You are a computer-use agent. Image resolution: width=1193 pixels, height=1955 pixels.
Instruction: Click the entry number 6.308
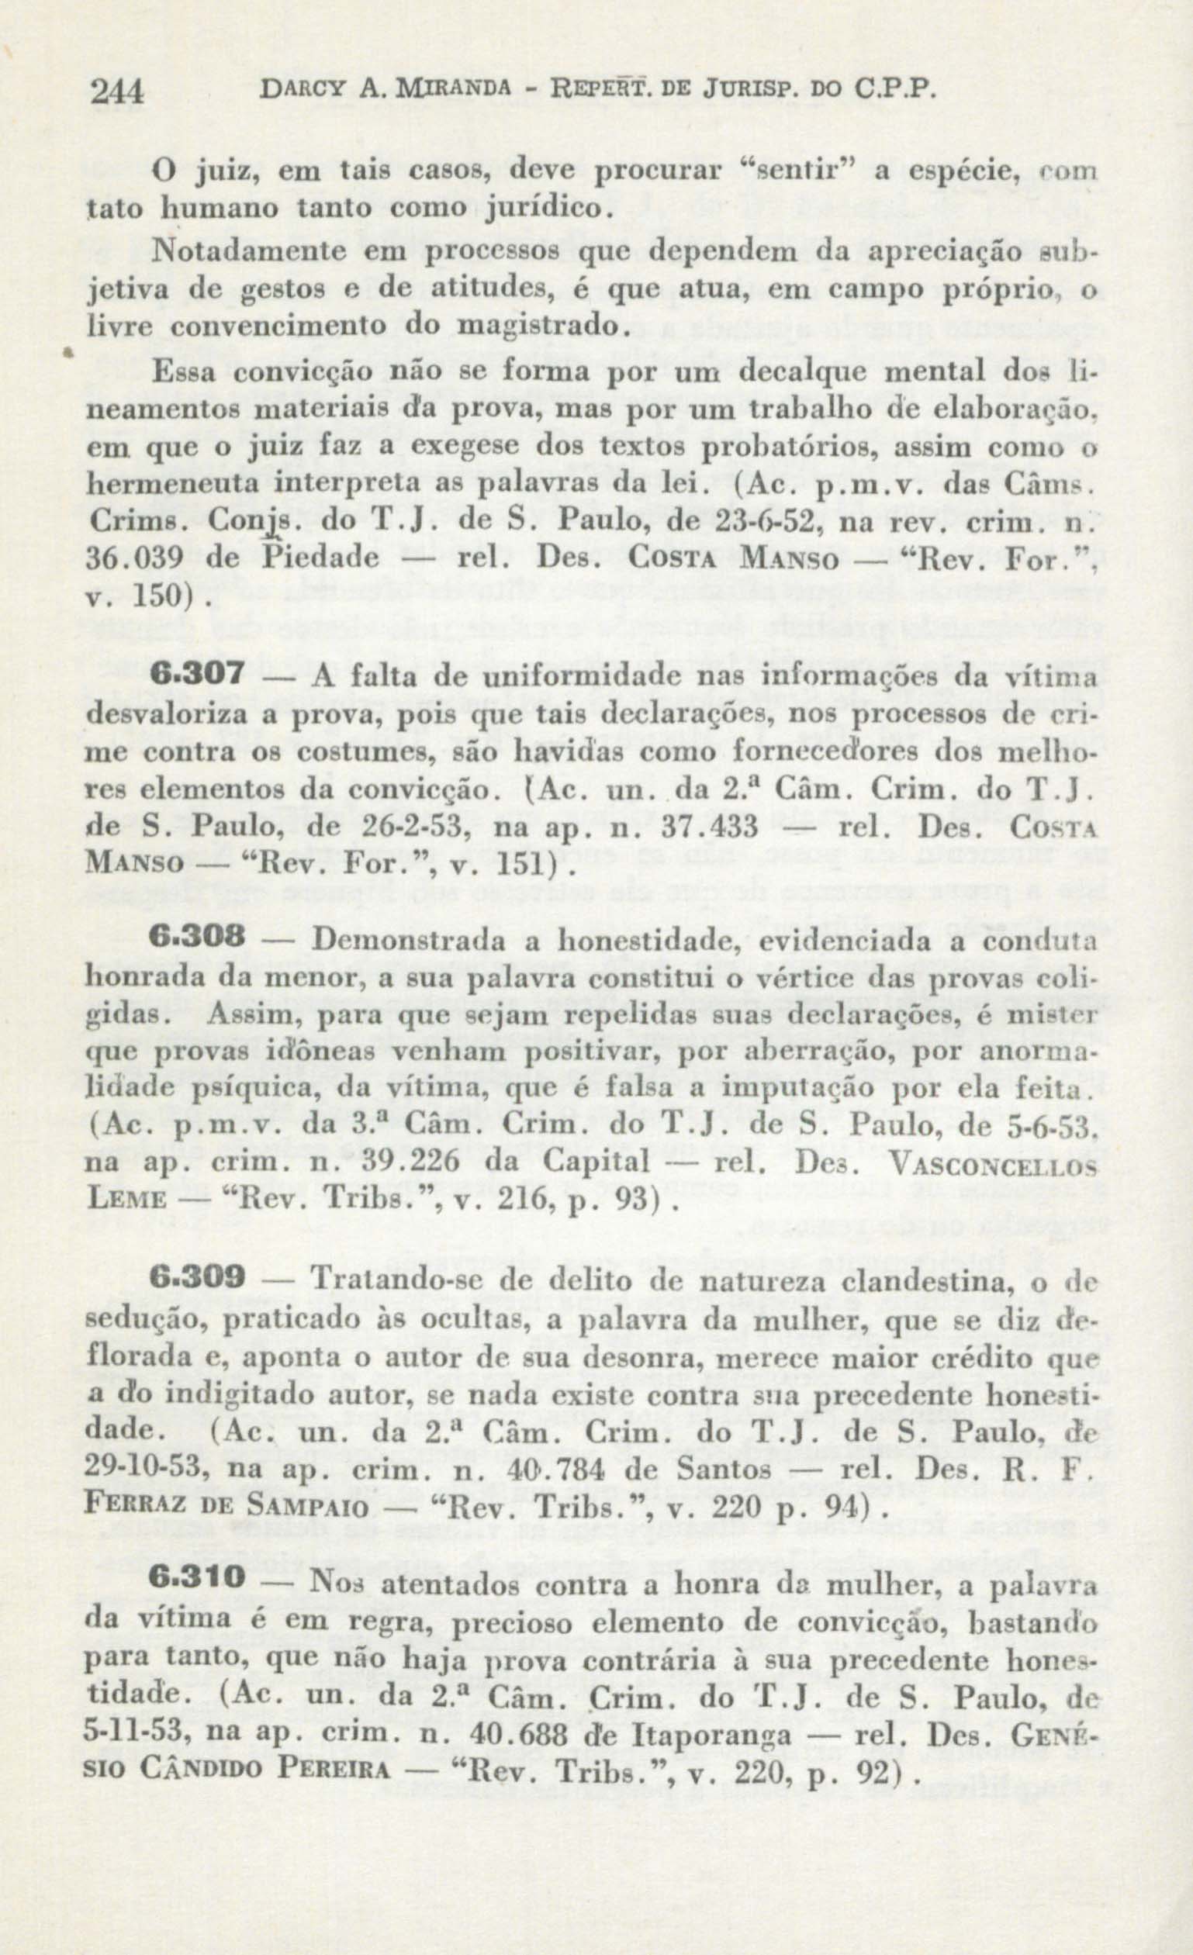coord(195,938)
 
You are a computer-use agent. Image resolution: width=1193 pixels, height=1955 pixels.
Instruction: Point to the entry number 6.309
coord(196,1278)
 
